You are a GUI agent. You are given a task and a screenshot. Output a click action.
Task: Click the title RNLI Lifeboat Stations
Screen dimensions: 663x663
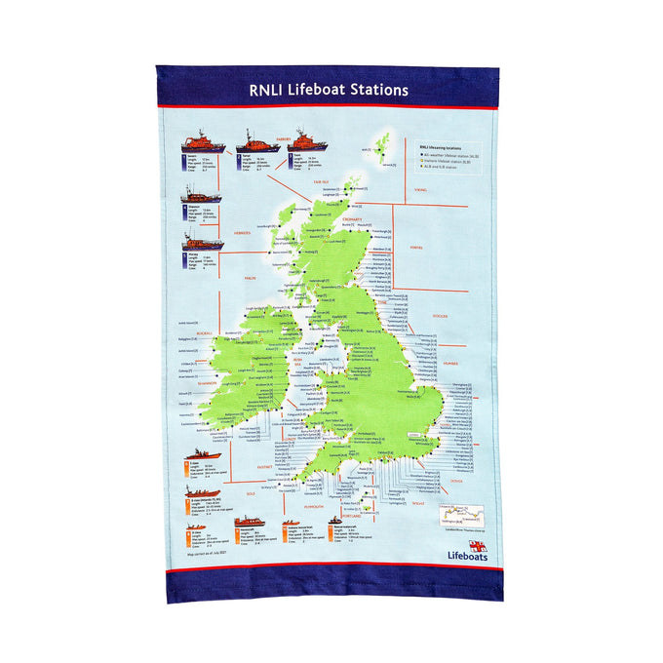(x=329, y=90)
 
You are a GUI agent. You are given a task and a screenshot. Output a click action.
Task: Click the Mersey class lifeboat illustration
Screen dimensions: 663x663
(x=202, y=240)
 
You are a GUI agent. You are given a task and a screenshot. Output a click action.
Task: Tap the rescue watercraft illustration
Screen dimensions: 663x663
(x=335, y=521)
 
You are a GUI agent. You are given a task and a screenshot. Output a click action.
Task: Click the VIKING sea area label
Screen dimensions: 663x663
(x=420, y=190)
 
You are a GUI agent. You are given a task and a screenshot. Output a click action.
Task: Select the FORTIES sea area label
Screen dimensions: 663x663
(x=416, y=248)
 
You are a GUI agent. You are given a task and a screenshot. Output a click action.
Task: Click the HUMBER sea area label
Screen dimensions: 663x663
(x=449, y=362)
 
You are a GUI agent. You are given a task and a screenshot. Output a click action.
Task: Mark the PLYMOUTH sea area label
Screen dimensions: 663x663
(x=314, y=508)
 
